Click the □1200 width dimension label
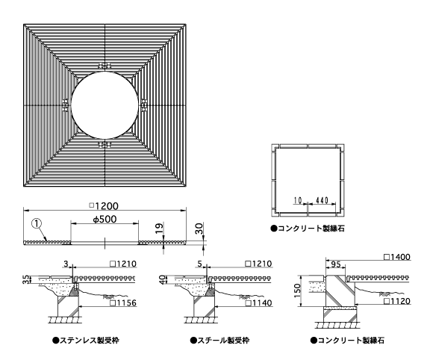tap(104, 206)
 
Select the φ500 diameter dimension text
tap(105, 220)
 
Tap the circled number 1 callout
tap(37, 223)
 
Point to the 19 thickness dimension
tap(159, 229)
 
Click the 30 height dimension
tap(199, 229)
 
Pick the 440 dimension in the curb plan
tap(322, 200)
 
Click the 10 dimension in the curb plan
tap(298, 200)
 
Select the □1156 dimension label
tap(123, 303)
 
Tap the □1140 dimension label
tap(259, 303)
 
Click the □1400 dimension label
tap(397, 257)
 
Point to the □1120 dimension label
tap(397, 301)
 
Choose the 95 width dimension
tap(335, 264)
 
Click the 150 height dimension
tap(297, 291)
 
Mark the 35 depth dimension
tap(25, 279)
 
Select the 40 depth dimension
tap(163, 279)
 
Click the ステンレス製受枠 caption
tap(86, 340)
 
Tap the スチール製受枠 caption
tap(219, 340)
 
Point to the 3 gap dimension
tap(66, 264)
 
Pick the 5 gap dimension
tap(199, 264)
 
